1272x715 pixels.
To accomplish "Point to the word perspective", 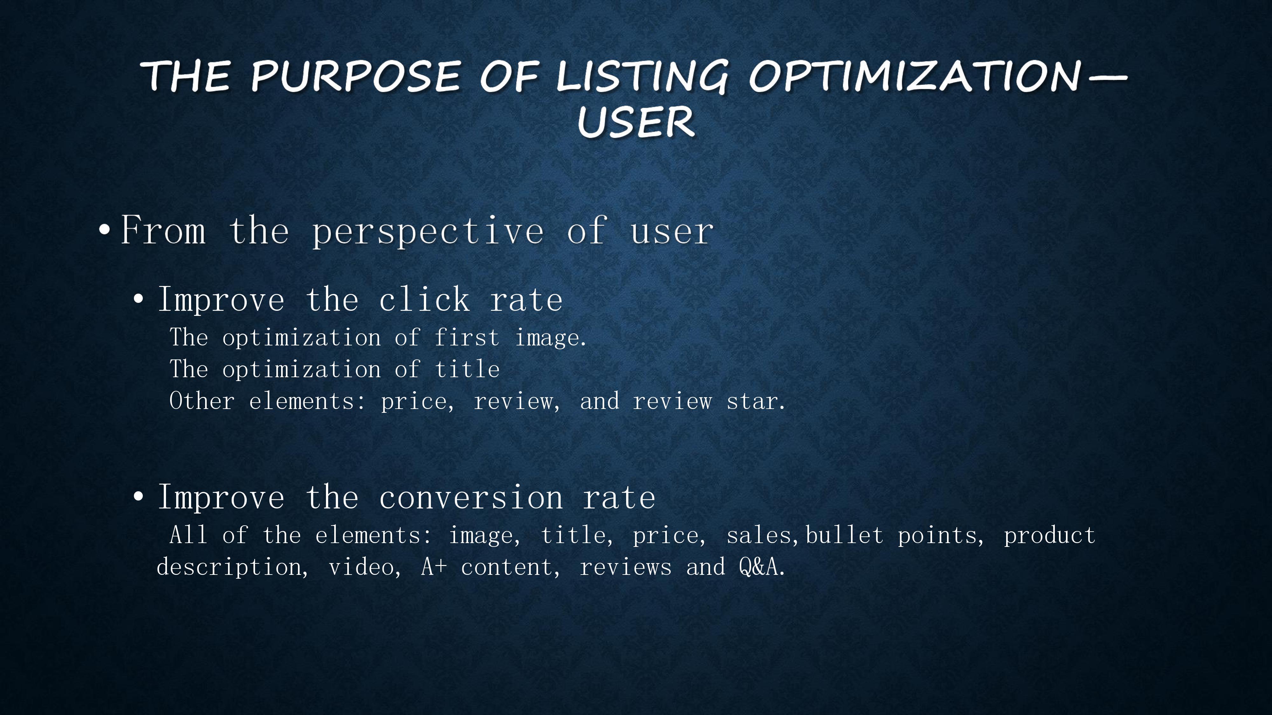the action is pos(428,231).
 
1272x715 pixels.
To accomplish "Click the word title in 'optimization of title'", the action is pos(467,369).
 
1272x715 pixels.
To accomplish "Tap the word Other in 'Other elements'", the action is pos(202,401).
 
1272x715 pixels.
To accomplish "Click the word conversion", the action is pos(471,497).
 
